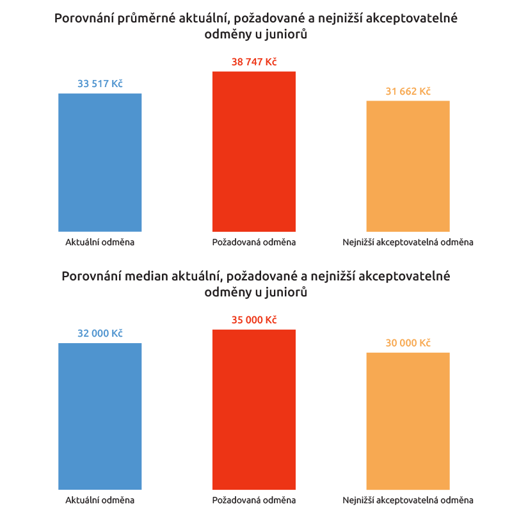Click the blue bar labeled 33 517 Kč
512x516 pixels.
(100, 162)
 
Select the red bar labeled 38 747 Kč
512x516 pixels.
(254, 151)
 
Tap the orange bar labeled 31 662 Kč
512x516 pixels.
(408, 166)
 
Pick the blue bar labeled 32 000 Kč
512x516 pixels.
(100, 416)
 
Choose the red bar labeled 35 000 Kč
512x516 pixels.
(254, 410)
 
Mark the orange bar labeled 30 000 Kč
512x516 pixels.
(408, 421)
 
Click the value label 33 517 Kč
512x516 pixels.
(100, 83)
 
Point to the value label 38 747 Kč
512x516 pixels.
(254, 61)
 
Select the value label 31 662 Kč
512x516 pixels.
(408, 91)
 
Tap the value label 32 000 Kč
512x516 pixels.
(100, 334)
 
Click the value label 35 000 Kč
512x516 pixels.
(254, 320)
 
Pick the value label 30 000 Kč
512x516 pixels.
(408, 343)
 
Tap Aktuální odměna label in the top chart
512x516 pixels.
(100, 242)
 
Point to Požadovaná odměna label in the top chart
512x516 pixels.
(254, 242)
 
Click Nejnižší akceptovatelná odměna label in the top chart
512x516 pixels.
(408, 242)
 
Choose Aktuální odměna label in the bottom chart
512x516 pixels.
(100, 500)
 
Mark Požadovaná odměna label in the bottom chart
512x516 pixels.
(254, 500)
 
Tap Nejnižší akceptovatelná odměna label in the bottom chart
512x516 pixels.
(408, 500)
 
